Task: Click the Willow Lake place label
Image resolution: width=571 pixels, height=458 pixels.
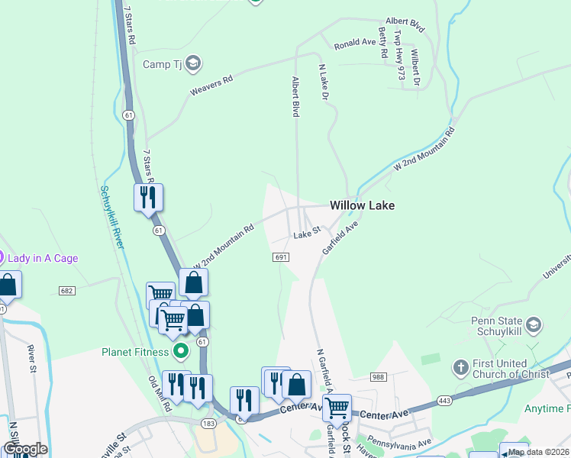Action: point(362,205)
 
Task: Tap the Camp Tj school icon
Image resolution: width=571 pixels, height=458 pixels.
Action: point(192,63)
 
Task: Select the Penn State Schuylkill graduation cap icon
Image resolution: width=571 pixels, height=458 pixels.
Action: point(534,324)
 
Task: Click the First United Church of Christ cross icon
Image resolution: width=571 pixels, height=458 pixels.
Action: point(460,367)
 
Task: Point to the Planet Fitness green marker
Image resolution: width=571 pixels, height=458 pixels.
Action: point(181,352)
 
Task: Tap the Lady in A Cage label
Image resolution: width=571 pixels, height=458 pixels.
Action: point(44,258)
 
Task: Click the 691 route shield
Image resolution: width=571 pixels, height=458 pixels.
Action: point(281,257)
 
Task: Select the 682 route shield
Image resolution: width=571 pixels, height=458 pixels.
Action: point(66,291)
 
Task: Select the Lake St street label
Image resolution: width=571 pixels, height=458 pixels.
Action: point(306,235)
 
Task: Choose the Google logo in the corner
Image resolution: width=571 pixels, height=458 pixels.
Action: point(24,449)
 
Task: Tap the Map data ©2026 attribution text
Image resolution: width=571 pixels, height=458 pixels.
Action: point(538,452)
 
